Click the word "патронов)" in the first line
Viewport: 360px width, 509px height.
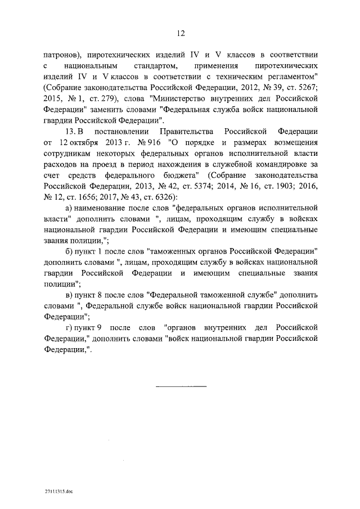coord(61,55)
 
